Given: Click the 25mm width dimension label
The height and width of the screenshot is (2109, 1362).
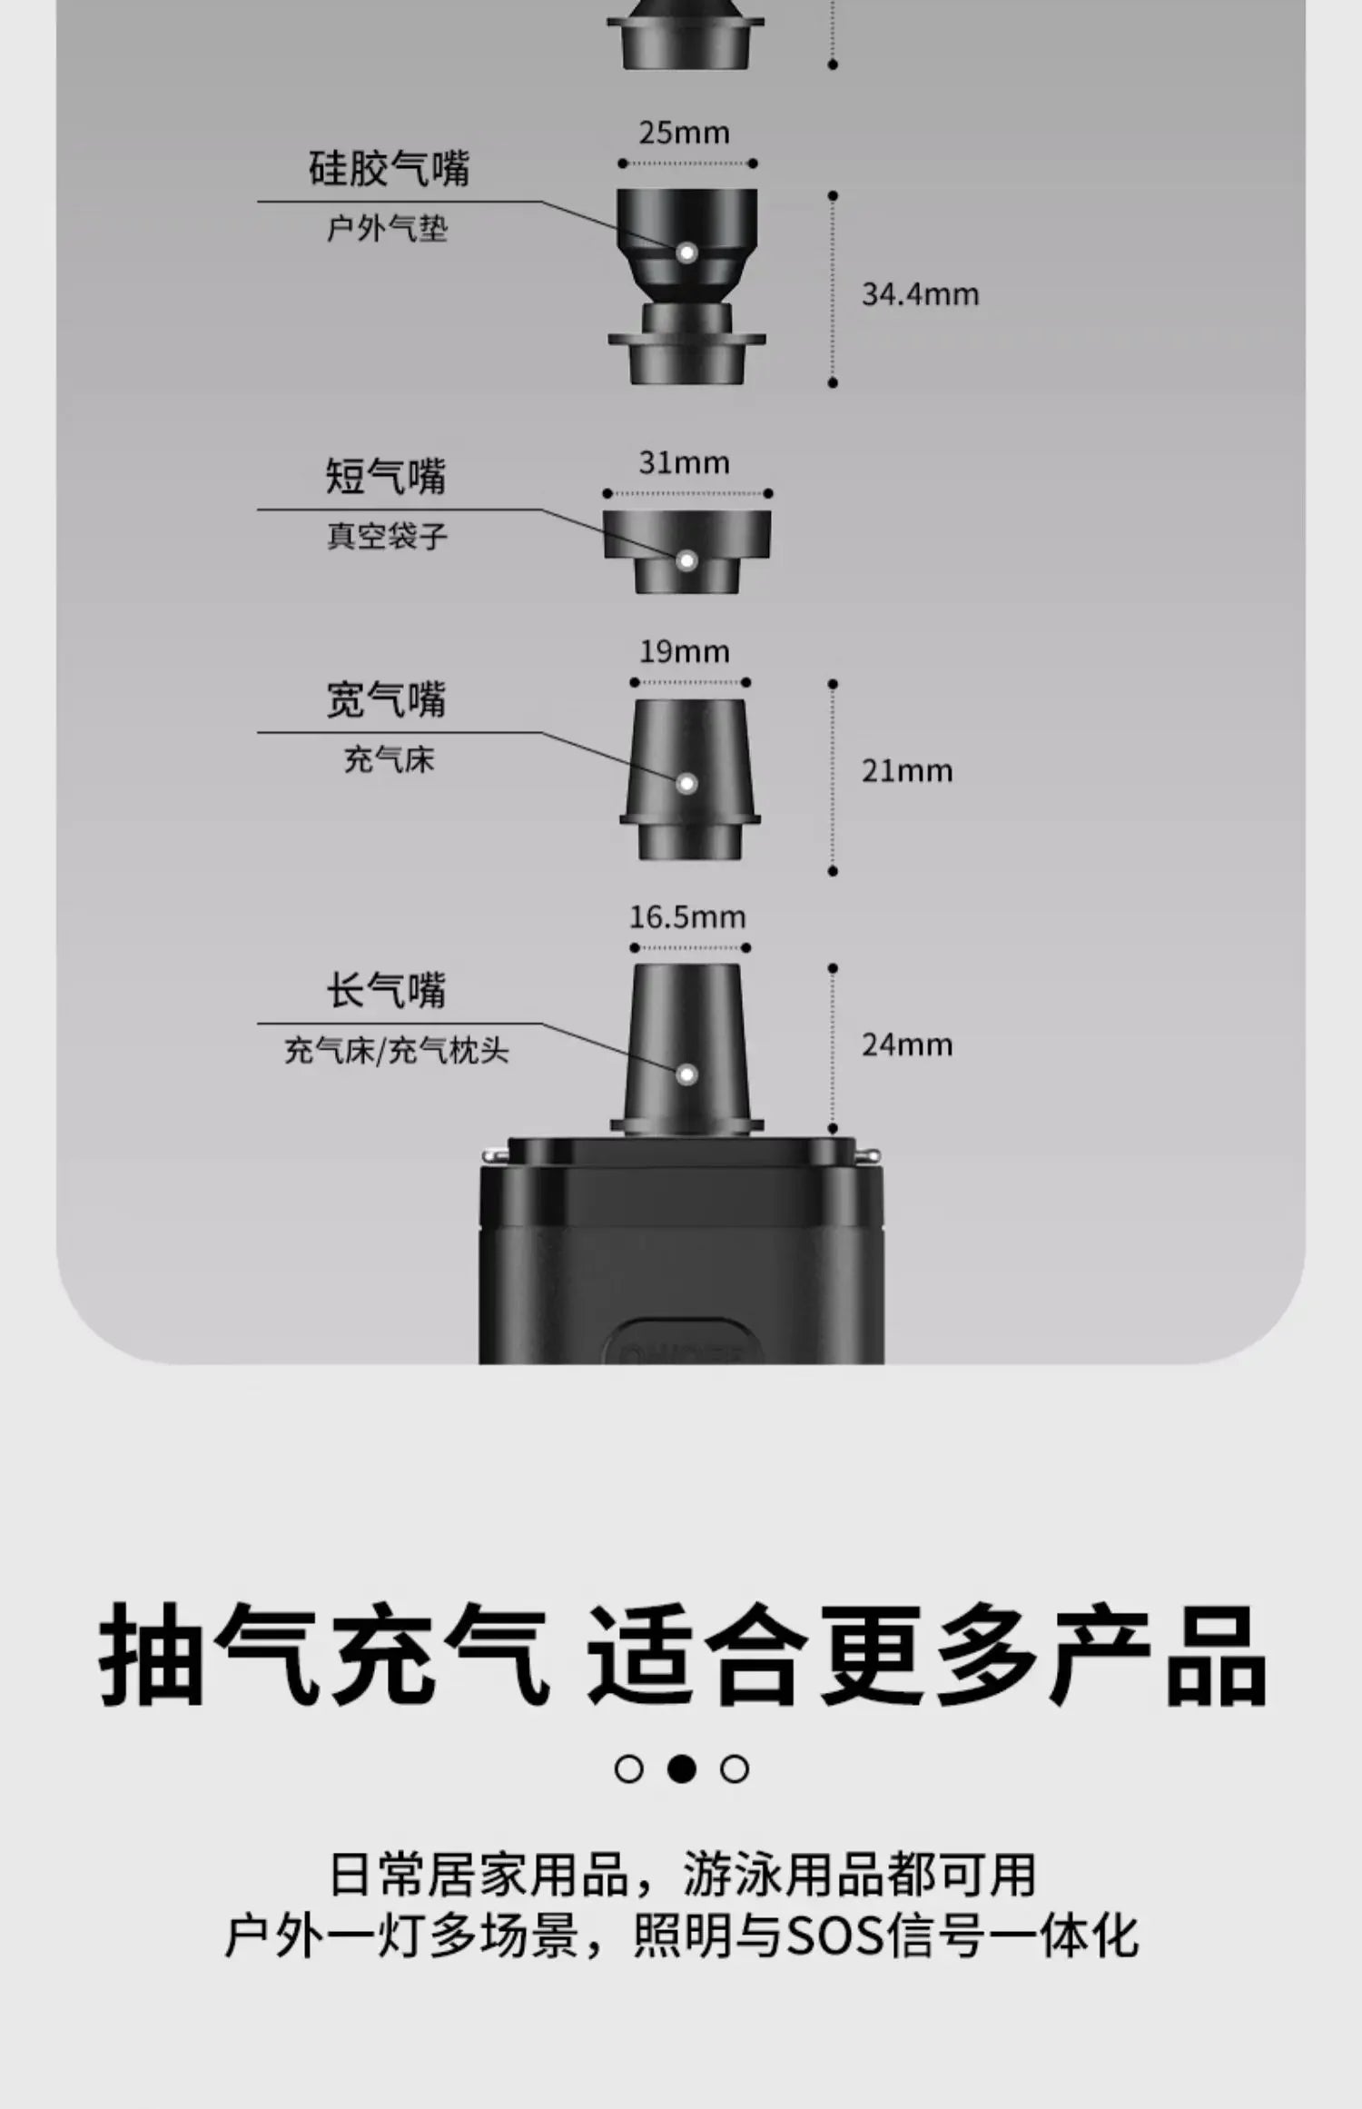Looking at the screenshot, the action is click(684, 134).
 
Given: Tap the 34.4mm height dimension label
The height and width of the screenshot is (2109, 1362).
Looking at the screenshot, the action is click(920, 294).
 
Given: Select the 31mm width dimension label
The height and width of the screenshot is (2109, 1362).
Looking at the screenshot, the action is click(684, 463).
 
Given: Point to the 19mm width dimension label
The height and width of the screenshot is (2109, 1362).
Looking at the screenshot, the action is click(684, 651).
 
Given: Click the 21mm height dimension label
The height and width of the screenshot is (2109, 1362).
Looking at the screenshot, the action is click(907, 771).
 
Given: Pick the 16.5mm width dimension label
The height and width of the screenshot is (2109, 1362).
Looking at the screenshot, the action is click(687, 917).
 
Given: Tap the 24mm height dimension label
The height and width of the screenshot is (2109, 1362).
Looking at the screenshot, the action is click(907, 1045).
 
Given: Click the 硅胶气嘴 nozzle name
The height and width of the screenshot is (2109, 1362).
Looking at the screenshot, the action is click(389, 169).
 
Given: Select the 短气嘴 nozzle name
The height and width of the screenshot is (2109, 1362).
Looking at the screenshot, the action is click(386, 477).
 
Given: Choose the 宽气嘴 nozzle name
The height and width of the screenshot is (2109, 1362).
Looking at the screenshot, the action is click(386, 700).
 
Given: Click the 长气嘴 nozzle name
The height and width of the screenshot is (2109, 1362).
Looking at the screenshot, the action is click(386, 991).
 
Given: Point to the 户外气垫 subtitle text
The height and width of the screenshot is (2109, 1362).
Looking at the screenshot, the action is click(388, 229).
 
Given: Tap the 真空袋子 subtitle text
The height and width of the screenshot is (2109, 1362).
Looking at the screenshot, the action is click(388, 536).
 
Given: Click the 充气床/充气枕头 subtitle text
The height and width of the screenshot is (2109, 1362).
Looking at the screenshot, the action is click(396, 1051).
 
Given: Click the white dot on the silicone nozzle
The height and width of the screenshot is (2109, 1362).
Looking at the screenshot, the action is click(686, 252).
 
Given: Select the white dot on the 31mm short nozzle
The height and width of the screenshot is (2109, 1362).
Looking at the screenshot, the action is click(686, 560).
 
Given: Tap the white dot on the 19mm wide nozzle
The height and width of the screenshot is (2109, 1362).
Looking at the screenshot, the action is click(686, 783).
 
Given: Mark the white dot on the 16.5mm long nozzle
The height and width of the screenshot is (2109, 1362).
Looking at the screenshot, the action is click(686, 1074).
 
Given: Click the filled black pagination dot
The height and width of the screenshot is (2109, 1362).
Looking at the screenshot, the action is click(681, 1768).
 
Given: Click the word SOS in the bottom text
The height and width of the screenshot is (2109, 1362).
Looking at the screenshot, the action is click(834, 1936).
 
